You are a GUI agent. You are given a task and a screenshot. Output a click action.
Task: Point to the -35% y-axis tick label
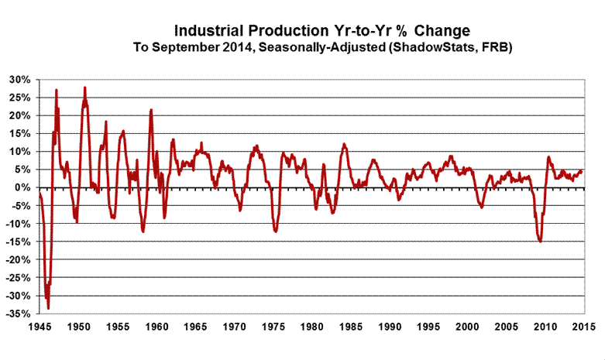point(16,314)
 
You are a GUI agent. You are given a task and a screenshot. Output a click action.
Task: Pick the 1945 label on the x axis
point(39,326)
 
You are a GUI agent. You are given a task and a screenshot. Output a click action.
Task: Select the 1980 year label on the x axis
point(310,326)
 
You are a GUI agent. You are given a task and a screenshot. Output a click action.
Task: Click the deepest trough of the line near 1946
point(48,308)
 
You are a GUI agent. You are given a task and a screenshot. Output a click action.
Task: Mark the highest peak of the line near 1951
point(84,87)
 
